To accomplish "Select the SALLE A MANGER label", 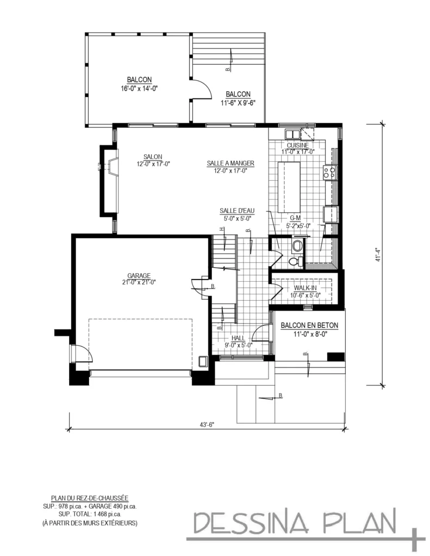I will (230, 163).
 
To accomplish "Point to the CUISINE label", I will (298, 146).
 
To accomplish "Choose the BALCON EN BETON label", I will (309, 326).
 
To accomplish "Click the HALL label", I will (238, 337).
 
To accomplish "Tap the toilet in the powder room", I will (294, 261).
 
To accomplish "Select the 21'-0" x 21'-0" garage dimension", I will (140, 282).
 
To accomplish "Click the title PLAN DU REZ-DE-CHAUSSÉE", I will (90, 497).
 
